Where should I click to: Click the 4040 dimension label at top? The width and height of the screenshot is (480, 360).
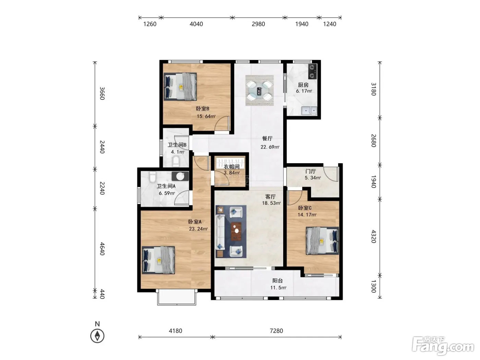(196, 24)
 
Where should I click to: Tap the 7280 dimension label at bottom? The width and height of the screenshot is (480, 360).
(276, 331)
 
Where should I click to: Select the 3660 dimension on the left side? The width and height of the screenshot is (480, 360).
(102, 93)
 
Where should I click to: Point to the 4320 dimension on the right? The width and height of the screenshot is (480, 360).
(373, 236)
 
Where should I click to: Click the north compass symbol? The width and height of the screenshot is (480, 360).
(97, 336)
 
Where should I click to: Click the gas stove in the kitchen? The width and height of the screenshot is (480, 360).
(312, 71)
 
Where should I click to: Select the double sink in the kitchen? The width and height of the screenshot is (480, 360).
(309, 110)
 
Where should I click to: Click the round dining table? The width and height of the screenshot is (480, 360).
(259, 91)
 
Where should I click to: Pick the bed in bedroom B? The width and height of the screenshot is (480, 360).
(180, 87)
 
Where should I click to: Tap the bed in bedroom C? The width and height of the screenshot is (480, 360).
(322, 241)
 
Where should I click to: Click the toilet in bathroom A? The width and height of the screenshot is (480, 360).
(153, 177)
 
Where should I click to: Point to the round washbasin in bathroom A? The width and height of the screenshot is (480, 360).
(180, 176)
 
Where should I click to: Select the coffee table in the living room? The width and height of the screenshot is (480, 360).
(236, 231)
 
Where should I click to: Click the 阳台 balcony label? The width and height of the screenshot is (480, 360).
(277, 281)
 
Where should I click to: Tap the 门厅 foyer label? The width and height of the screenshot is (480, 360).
(310, 171)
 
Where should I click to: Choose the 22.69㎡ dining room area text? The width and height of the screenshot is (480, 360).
(270, 147)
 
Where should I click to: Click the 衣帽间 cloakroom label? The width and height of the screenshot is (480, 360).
(231, 167)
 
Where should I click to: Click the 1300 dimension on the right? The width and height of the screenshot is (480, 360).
(373, 286)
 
